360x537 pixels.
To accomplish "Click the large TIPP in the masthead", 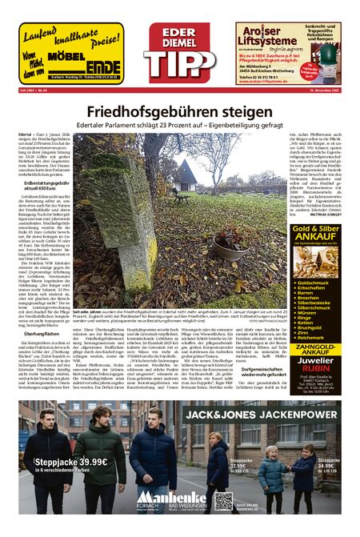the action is coord(179,65).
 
